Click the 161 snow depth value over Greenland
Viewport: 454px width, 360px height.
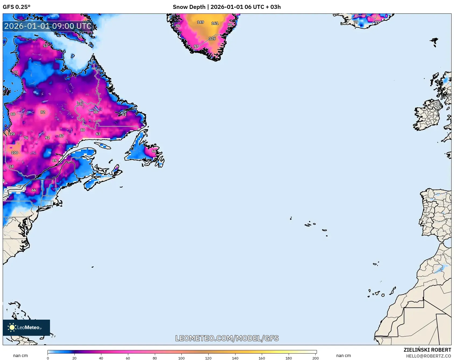(x=215, y=23)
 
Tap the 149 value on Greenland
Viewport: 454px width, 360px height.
(x=201, y=22)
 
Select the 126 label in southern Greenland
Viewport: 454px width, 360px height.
(x=212, y=38)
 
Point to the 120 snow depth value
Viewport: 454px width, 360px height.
(x=12, y=134)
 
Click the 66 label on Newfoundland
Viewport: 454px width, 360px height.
(x=154, y=151)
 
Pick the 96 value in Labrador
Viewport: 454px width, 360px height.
(x=96, y=112)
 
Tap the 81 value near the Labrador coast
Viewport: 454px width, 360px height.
(x=124, y=114)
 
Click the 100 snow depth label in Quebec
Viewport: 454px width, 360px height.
(x=15, y=153)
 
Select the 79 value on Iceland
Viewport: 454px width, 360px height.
(x=356, y=22)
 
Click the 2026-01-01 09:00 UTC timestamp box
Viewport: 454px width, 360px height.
(x=48, y=26)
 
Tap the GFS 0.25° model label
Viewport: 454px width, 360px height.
(x=17, y=7)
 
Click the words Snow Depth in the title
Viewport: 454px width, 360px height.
(x=189, y=7)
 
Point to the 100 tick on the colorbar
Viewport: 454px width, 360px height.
(x=181, y=358)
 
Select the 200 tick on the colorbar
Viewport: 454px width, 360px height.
(x=315, y=358)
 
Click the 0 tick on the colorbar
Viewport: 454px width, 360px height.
(x=48, y=358)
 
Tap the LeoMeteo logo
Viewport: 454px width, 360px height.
(x=26, y=327)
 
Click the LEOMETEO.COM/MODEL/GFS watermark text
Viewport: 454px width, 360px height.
(x=227, y=338)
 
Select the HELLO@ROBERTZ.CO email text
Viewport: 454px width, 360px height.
(x=428, y=356)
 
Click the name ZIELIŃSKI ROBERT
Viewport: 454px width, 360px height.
(x=427, y=350)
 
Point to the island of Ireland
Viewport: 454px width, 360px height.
(x=427, y=116)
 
